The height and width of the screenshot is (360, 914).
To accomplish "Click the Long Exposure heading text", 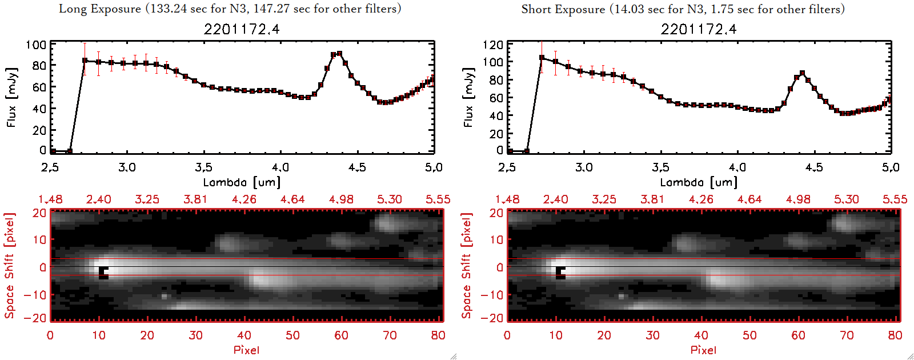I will pos(230,9).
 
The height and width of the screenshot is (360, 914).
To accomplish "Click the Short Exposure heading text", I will pos(683,9).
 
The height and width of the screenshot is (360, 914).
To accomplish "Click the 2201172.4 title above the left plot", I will pos(242,29).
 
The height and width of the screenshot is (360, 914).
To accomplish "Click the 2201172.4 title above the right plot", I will pos(699,29).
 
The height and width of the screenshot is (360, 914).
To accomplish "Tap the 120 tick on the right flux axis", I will pos(493,45).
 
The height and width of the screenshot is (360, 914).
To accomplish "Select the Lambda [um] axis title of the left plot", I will pos(242,182).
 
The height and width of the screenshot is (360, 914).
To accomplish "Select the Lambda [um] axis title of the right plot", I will pos(699,182).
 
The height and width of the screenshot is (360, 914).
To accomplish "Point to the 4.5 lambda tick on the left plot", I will pos(357,167).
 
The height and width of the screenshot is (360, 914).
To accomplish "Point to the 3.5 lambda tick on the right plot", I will pos(660,167).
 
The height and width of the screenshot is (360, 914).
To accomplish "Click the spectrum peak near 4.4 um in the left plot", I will pos(339,54).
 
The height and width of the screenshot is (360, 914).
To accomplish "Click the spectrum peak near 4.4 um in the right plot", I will pos(803,73).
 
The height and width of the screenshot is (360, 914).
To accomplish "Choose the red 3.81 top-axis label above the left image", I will pos(195,199).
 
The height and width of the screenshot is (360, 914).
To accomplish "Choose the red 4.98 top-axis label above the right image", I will pos(798,199).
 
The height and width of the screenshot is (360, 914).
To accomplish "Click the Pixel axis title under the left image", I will pos(246,350).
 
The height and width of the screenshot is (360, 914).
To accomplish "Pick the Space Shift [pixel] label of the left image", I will pos(10,265).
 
